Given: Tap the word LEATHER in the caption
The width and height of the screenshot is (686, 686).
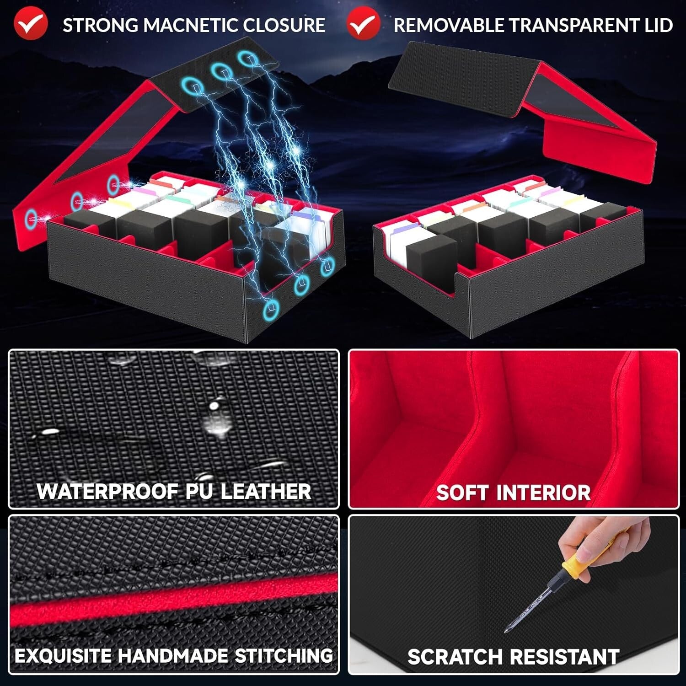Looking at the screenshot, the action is click(266, 492).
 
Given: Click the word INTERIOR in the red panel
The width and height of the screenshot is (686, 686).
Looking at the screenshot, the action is click(544, 493).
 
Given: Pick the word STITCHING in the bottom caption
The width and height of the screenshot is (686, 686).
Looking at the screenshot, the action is click(284, 655).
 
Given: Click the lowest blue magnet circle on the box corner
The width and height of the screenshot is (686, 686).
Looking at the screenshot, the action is click(272, 310).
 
